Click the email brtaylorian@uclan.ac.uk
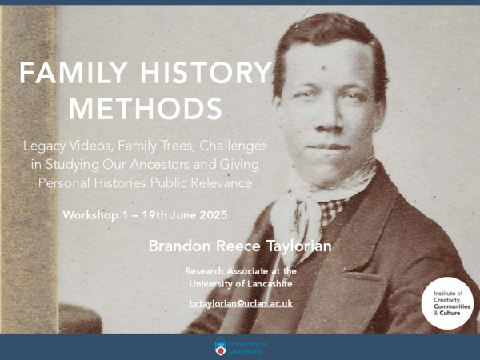click(241, 303)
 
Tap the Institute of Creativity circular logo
click(448, 302)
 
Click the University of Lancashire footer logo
click(241, 346)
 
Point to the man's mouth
click(330, 146)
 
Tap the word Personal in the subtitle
click(69, 182)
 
